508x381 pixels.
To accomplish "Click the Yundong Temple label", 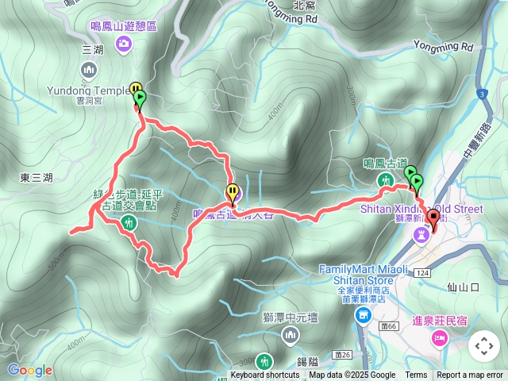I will coord(88,90).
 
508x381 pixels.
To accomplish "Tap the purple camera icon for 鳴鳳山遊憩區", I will coord(123,44).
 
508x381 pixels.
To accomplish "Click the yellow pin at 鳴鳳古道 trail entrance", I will coord(233,191).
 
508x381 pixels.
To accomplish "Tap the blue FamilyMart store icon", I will coord(363,315).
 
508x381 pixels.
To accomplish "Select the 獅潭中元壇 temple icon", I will coord(290,337).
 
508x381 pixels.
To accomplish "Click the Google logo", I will coord(29,370).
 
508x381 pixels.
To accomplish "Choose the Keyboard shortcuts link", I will coord(265,375).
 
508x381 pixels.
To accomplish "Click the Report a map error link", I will coord(470,375).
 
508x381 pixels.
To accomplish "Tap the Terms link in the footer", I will coord(416,375).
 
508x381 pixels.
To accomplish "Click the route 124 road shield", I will coord(421,272).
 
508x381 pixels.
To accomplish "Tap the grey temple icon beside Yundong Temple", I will coord(88,70).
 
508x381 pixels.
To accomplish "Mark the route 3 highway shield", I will coord(481,94).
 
